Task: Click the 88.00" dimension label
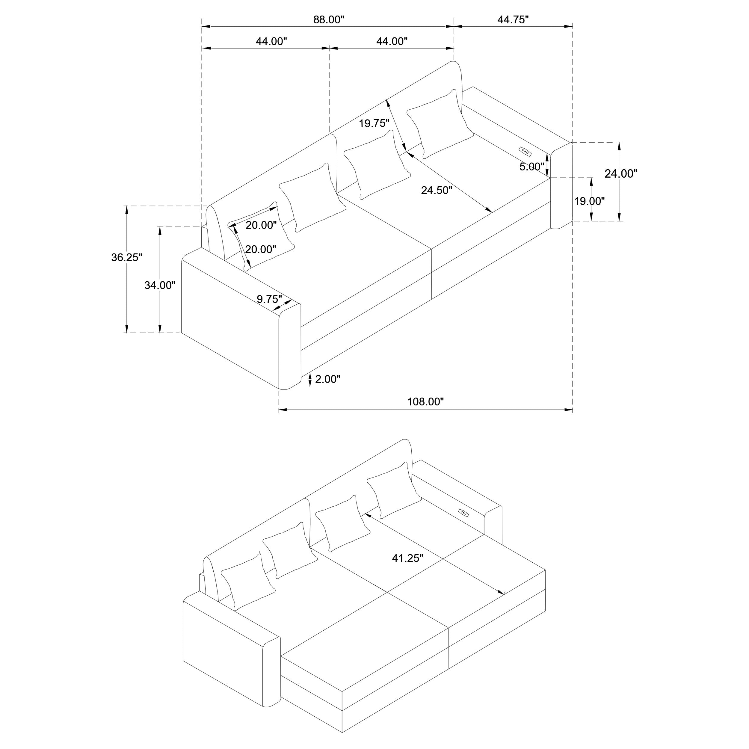pos(328,20)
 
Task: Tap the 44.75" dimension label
pos(513,20)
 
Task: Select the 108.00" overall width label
pos(425,402)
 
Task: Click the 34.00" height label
pos(160,285)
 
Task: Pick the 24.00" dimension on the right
pos(621,174)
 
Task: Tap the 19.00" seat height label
pos(589,201)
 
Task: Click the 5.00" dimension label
pos(532,167)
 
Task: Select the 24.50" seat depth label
pos(437,190)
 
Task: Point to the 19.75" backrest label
pos(374,124)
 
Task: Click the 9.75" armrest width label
pos(269,299)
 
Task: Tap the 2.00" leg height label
pos(327,379)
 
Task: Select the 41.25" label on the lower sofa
pos(407,558)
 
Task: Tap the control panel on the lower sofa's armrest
pos(463,513)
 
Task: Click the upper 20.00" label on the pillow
pos(261,225)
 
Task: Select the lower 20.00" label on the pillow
pos(261,249)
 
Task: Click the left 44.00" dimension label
pos(271,41)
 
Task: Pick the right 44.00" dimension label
pos(392,41)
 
